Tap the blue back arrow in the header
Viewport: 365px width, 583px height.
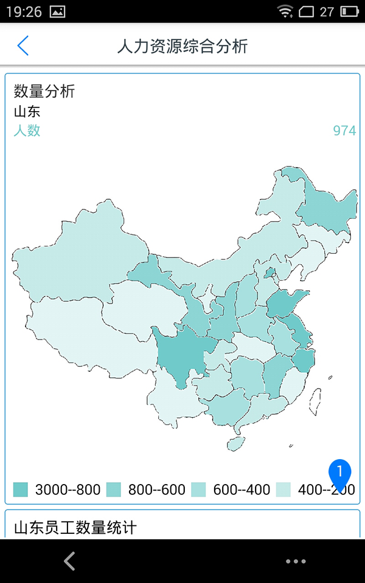[x=23, y=46]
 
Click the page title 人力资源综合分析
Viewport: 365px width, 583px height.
[x=182, y=47]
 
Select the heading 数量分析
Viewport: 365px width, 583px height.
[x=44, y=92]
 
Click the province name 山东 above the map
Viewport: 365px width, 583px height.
[x=27, y=112]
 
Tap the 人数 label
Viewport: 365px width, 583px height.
[x=27, y=131]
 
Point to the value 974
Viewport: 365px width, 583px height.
[x=344, y=131]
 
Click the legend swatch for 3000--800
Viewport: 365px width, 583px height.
[x=21, y=489]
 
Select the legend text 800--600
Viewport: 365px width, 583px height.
[x=156, y=490]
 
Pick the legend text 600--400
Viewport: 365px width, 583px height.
[x=242, y=490]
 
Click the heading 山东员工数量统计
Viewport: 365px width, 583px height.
[x=75, y=527]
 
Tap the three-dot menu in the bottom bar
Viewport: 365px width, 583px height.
[x=296, y=562]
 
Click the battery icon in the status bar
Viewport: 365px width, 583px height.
[x=349, y=11]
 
